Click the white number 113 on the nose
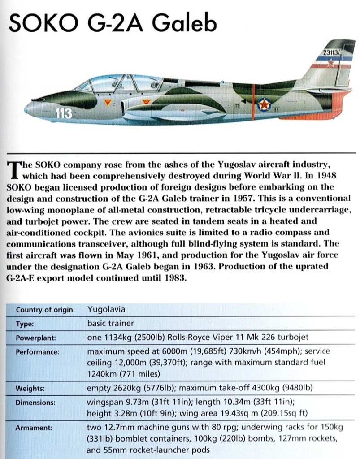coord(64,114)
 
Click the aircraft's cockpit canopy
coord(119,84)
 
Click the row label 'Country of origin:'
coord(45,310)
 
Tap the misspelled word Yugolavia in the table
coord(106,309)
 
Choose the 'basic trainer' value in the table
coord(111,323)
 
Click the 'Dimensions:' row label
coord(35,403)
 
